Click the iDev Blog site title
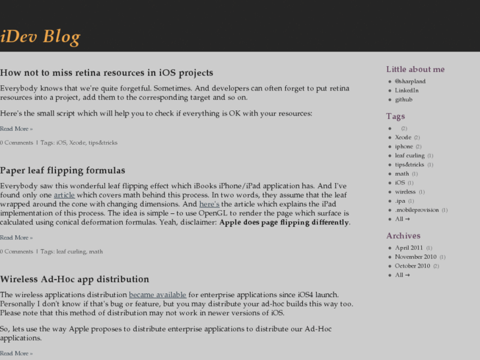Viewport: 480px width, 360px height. pyautogui.click(x=40, y=37)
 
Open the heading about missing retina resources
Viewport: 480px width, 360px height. pyautogui.click(x=106, y=73)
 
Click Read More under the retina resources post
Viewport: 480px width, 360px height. pyautogui.click(x=16, y=129)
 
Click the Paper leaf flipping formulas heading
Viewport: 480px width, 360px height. pyautogui.click(x=62, y=171)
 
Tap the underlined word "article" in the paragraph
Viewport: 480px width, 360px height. pyautogui.click(x=64, y=195)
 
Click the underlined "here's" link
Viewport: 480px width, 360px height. pyautogui.click(x=209, y=204)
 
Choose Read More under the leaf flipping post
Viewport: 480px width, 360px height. pyautogui.click(x=16, y=238)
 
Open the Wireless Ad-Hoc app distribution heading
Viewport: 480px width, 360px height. pyautogui.click(x=75, y=279)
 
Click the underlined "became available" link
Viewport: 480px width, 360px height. pyautogui.click(x=158, y=295)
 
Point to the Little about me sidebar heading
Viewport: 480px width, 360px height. pyautogui.click(x=415, y=69)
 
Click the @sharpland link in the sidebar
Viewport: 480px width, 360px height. pyautogui.click(x=410, y=82)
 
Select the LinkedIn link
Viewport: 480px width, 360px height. pyautogui.click(x=407, y=90)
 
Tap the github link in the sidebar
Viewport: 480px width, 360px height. pyautogui.click(x=403, y=100)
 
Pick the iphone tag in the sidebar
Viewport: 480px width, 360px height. pyautogui.click(x=404, y=147)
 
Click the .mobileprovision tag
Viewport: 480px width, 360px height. pyautogui.click(x=417, y=210)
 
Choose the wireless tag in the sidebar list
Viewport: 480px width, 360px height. pyautogui.click(x=406, y=192)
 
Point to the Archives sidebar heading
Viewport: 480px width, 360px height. pyautogui.click(x=403, y=236)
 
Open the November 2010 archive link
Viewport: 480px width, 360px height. pyautogui.click(x=416, y=257)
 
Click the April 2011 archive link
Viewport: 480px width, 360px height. pyautogui.click(x=409, y=248)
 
